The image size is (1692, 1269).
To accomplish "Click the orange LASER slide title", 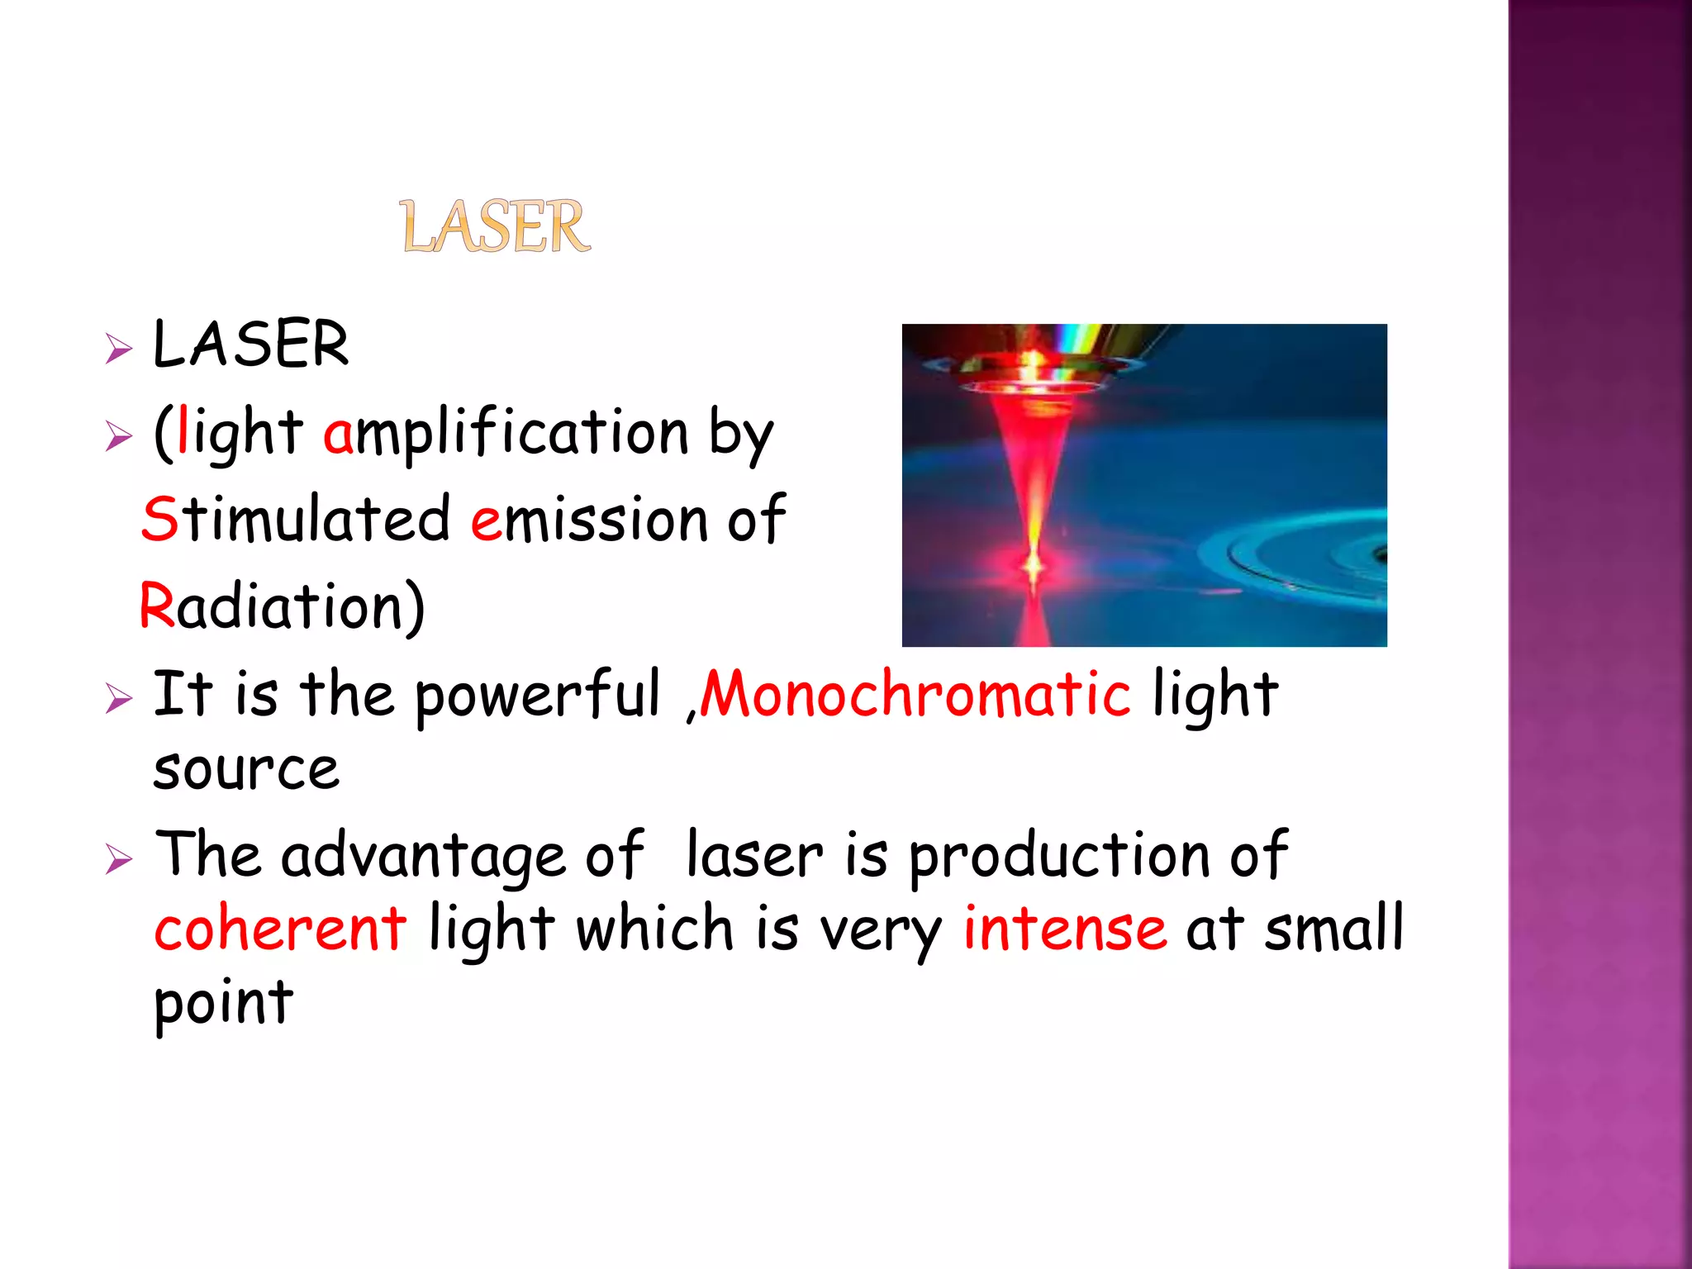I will click(x=496, y=226).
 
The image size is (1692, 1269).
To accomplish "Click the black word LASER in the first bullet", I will click(x=250, y=344).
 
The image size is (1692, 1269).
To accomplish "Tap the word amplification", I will click(x=506, y=432).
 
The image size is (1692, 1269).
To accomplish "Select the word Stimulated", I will click(x=296, y=519).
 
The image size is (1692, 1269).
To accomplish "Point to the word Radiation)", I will click(x=282, y=606).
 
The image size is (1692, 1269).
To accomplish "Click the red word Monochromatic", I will click(x=915, y=694).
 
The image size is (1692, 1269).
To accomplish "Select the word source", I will click(x=246, y=770).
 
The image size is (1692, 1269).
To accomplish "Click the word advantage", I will click(x=423, y=856).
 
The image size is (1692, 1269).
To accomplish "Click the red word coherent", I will click(x=280, y=929).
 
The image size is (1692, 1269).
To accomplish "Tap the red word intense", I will click(x=1065, y=929).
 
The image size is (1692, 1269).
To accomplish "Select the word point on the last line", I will click(x=224, y=1003).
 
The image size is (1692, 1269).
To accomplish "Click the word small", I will click(x=1333, y=929).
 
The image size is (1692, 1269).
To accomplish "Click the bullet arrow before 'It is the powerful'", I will click(x=119, y=699).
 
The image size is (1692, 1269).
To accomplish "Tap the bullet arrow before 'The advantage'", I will click(x=119, y=859).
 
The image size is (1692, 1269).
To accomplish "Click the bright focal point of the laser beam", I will click(x=1033, y=566).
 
